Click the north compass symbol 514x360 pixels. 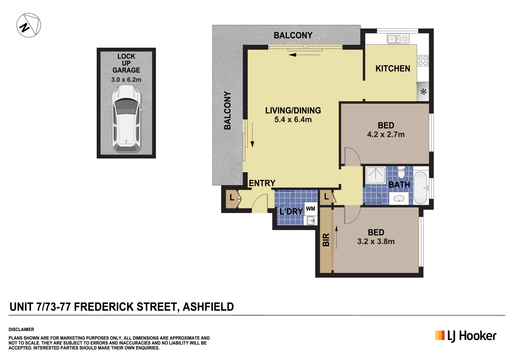point(29,25)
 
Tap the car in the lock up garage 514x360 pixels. point(126,119)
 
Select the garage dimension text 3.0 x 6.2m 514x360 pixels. point(126,80)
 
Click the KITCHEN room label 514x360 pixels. point(393,69)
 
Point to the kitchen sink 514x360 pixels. point(398,39)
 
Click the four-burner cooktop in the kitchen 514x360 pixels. point(423,61)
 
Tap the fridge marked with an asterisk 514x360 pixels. point(423,92)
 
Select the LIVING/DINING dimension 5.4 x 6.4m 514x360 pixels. point(293,120)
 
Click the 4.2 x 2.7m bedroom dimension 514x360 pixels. point(386,135)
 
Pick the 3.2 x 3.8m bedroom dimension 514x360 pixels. point(376,242)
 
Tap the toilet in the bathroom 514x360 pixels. point(401,173)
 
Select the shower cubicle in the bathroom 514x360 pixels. point(376,175)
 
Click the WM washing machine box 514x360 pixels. point(310,209)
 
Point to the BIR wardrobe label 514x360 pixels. point(326,240)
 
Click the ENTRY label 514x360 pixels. point(262,183)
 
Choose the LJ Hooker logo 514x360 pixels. point(465,336)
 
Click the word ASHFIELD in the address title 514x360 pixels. point(208,307)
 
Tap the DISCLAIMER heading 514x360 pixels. point(21,329)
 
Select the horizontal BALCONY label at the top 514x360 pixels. point(293,35)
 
